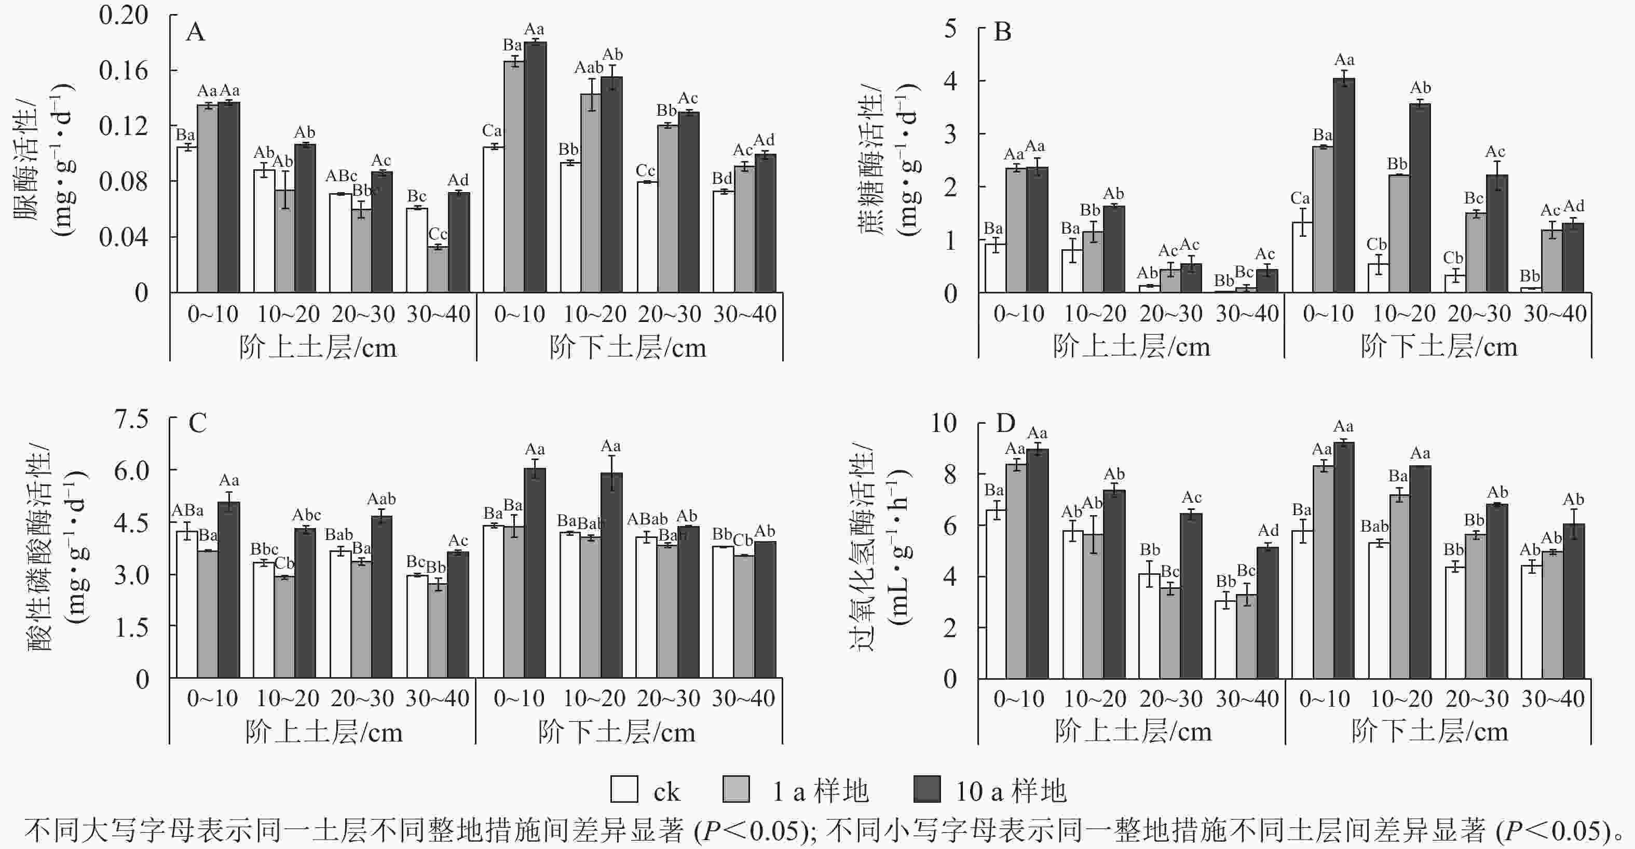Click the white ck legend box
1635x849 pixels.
pyautogui.click(x=624, y=789)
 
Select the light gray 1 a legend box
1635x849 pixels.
pyautogui.click(x=736, y=789)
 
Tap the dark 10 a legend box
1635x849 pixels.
pyautogui.click(x=926, y=789)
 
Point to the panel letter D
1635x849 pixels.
pyautogui.click(x=1005, y=423)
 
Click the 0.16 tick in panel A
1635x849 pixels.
pyautogui.click(x=123, y=71)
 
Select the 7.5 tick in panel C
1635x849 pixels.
pyautogui.click(x=131, y=419)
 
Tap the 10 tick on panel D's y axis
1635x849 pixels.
pyautogui.click(x=943, y=423)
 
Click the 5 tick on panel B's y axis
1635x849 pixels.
pyautogui.click(x=950, y=29)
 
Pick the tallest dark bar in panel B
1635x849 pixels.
pyautogui.click(x=1344, y=184)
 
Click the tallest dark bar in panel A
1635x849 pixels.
pyautogui.click(x=535, y=166)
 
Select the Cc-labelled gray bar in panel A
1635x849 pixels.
pyautogui.click(x=438, y=269)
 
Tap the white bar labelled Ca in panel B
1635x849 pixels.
pyautogui.click(x=1302, y=257)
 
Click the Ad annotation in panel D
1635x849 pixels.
pyautogui.click(x=1268, y=530)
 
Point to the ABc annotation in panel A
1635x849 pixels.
pyautogui.click(x=342, y=176)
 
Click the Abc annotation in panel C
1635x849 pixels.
pyautogui.click(x=306, y=515)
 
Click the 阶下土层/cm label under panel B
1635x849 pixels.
pyautogui.click(x=1438, y=347)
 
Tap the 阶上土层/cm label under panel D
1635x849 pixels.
pyautogui.click(x=1133, y=732)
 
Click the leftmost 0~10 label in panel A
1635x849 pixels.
pyautogui.click(x=213, y=314)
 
